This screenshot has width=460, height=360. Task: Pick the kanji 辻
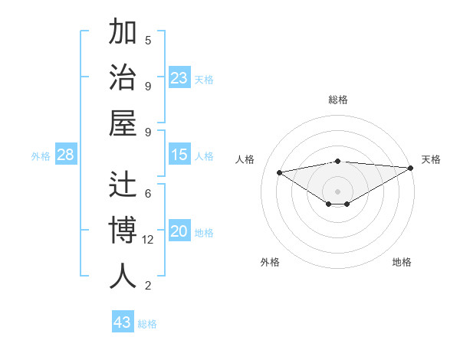[123, 185]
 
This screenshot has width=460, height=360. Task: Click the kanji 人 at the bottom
[123, 275]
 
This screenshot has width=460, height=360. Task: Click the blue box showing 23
[179, 78]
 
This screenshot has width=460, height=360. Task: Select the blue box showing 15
[179, 155]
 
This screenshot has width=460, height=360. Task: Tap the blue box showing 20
[179, 231]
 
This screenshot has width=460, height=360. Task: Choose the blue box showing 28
[66, 155]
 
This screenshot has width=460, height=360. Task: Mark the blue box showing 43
[123, 322]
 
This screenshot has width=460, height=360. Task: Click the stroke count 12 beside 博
[149, 240]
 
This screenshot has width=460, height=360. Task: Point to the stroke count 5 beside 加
[148, 40]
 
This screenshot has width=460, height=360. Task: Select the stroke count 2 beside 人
[148, 286]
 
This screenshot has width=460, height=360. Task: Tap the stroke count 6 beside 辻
[148, 194]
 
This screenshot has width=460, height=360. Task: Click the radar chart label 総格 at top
[338, 100]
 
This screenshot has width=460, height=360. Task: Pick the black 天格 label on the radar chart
[431, 159]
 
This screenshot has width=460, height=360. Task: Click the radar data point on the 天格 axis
[411, 168]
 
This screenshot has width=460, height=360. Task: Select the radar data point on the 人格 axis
[279, 172]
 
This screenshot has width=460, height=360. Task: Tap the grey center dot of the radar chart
[338, 191]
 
